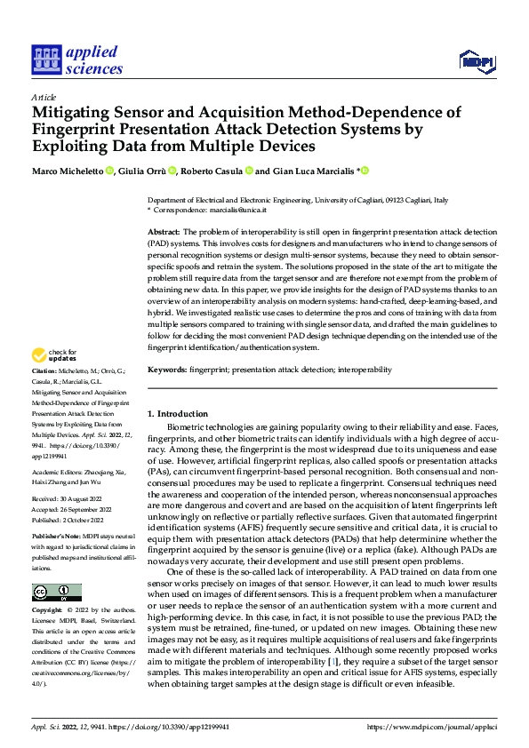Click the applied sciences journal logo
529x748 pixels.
[76, 60]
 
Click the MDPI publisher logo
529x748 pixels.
[477, 60]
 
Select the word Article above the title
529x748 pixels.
[44, 97]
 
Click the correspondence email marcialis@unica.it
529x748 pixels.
[241, 211]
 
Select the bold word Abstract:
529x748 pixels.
[164, 231]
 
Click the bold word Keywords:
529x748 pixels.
[167, 369]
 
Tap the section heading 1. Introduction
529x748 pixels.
[178, 414]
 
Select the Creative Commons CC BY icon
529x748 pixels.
[56, 593]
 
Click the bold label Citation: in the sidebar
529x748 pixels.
[44, 394]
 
